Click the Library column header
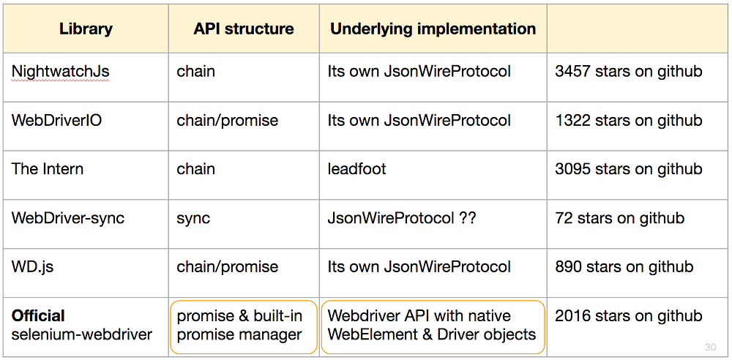(86, 29)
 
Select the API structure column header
(244, 29)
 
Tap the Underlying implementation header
(433, 29)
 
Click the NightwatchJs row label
(61, 72)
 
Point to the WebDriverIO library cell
(57, 121)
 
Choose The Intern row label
(48, 168)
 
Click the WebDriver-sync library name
(68, 218)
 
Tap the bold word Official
(38, 315)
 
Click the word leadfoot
(356, 168)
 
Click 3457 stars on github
(628, 72)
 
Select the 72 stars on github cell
(619, 218)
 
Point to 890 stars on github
(624, 267)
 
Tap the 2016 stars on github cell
(628, 315)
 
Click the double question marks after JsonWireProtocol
(467, 218)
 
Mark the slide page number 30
(710, 347)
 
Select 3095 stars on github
(628, 168)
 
